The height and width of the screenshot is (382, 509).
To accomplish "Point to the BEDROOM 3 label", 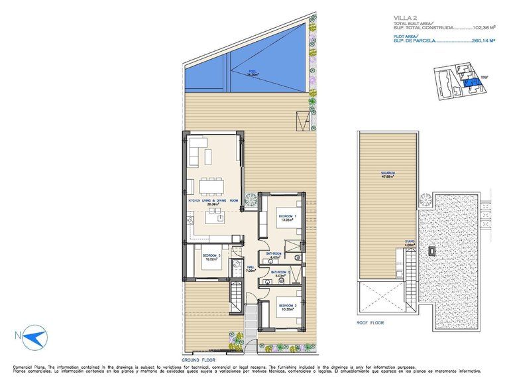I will tap(211, 257).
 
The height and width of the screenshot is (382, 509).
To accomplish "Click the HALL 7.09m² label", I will tap(251, 269).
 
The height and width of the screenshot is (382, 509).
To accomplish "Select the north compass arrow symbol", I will tap(32, 338).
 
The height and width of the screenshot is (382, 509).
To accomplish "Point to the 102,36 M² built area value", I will tap(482, 29).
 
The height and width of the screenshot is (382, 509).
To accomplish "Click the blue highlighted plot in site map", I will tap(472, 83).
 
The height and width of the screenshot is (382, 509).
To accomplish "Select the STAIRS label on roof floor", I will tap(411, 243).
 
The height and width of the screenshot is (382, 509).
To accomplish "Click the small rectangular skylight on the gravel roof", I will tap(432, 252).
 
